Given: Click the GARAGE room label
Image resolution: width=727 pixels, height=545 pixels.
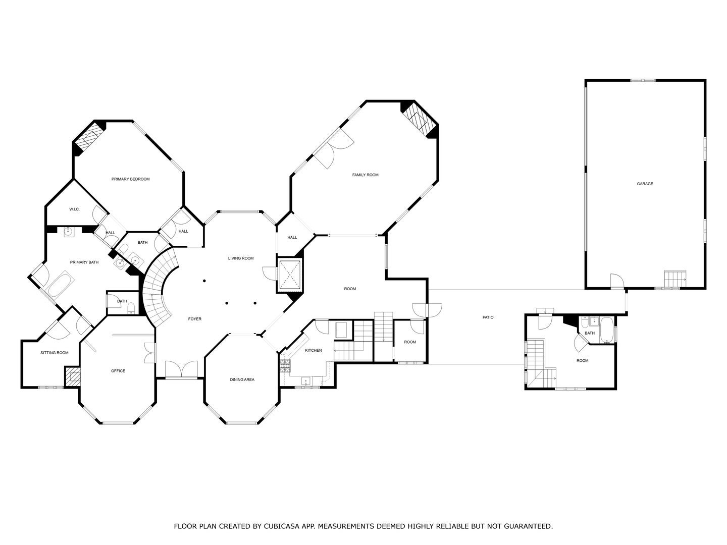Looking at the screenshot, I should [x=645, y=184].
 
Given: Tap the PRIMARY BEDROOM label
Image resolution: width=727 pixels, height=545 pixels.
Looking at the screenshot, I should [x=130, y=179].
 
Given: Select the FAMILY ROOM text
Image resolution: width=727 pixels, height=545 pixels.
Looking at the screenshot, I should [x=365, y=175].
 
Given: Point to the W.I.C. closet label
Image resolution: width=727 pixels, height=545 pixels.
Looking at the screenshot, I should [x=74, y=209].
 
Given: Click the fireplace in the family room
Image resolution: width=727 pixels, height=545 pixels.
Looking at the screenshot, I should [x=419, y=119].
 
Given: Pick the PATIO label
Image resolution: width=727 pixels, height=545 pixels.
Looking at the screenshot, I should [x=488, y=317].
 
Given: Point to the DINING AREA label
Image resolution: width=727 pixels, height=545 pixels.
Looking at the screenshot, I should [x=242, y=379].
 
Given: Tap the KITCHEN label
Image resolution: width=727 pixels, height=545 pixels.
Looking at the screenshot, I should [x=313, y=350].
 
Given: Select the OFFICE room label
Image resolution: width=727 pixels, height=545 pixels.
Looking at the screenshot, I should [x=118, y=371].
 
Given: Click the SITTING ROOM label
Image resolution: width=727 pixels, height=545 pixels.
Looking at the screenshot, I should [x=54, y=353].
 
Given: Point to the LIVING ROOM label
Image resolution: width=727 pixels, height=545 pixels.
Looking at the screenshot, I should [x=240, y=258].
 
